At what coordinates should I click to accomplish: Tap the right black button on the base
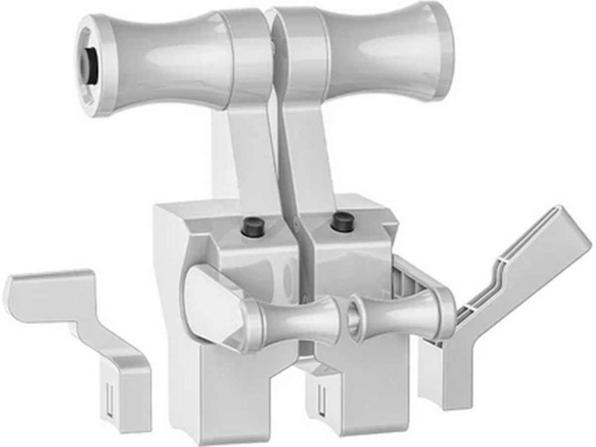point(342,221)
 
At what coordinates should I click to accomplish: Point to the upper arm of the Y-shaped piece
point(536,248)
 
